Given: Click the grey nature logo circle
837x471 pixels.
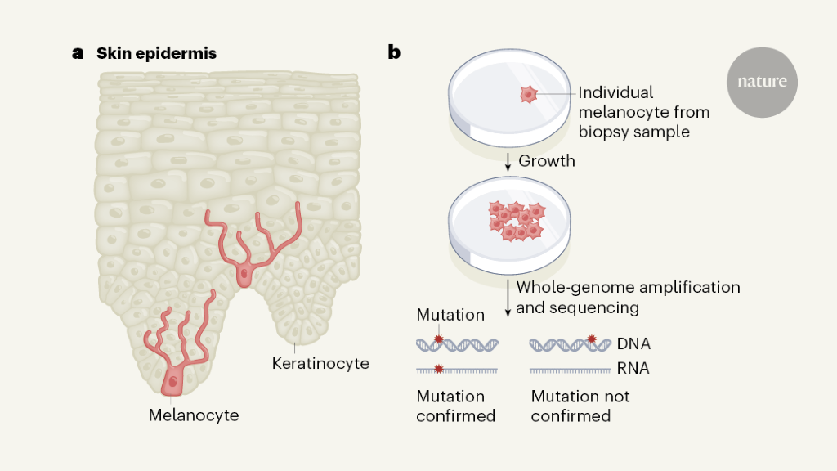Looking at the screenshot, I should (x=762, y=82).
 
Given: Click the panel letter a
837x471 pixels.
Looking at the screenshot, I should (x=78, y=54).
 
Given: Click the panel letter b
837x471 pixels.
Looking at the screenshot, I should (x=394, y=54).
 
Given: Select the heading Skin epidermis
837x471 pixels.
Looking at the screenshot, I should (x=156, y=55).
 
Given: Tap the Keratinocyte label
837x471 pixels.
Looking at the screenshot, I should (x=320, y=363).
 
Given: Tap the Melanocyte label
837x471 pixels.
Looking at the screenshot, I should (x=194, y=415).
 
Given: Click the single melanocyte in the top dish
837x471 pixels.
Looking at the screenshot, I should (x=528, y=96).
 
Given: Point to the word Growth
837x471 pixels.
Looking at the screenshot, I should (x=546, y=161).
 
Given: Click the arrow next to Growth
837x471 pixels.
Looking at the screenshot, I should (x=508, y=160).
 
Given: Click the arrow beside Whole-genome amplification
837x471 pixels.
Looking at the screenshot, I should (x=508, y=298).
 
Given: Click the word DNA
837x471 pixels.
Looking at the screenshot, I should (x=634, y=344).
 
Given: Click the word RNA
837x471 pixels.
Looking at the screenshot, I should (x=633, y=369).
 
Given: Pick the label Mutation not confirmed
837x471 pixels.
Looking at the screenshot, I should (x=580, y=406).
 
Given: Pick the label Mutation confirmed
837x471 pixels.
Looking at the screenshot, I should (x=456, y=406).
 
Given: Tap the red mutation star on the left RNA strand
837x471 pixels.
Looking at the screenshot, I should (x=439, y=370).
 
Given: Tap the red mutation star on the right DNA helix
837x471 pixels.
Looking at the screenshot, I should (x=593, y=339).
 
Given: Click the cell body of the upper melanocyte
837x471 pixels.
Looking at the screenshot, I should (x=244, y=276).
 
